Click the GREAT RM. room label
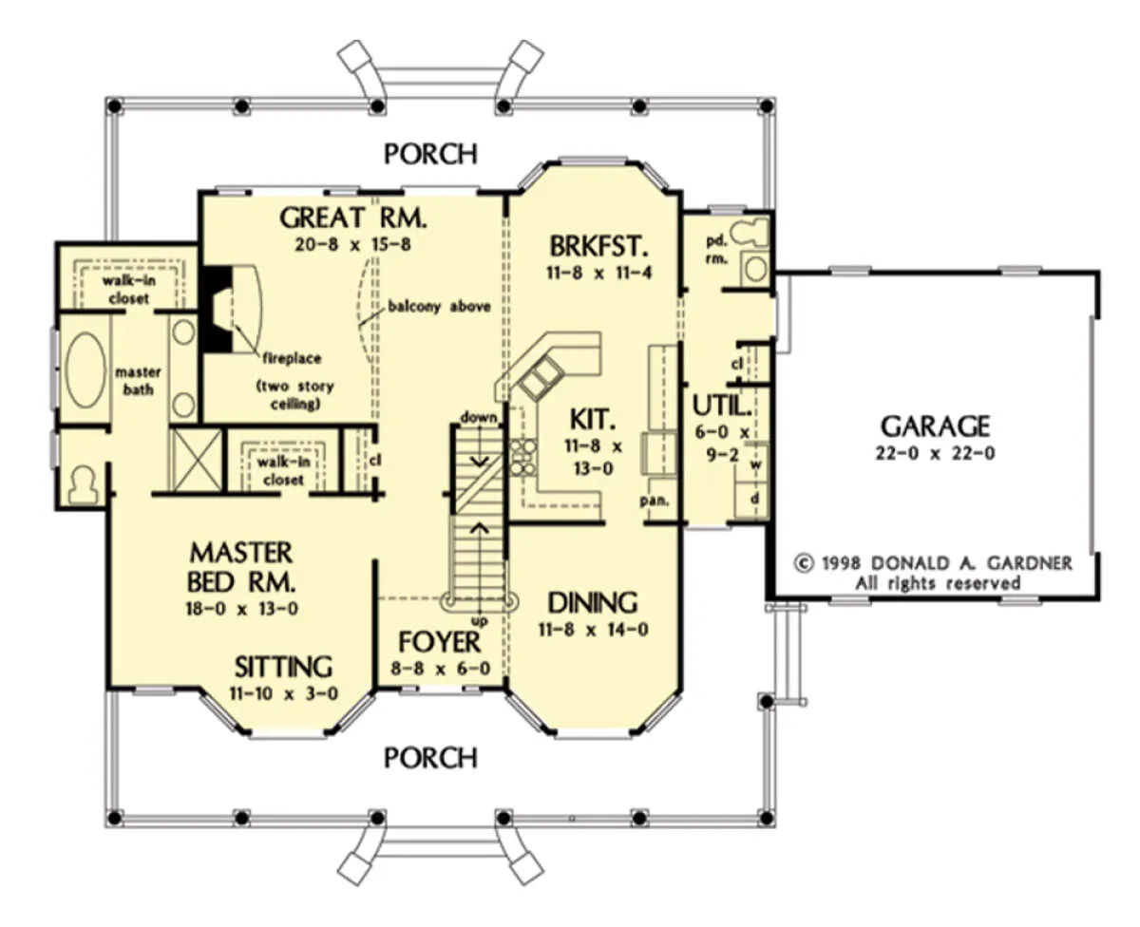coord(353,218)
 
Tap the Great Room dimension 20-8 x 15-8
coord(353,245)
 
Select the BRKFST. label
coord(598,247)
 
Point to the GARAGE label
coord(936,426)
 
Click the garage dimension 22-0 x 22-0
coord(936,454)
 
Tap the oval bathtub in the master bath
coord(85,369)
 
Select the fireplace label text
coord(293,358)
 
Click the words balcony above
coord(440,307)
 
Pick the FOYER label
coord(440,642)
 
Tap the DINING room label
coord(593,603)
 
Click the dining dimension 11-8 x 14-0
coord(593,630)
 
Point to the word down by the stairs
coord(479,417)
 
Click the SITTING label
coord(284,668)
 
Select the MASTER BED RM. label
coord(241,568)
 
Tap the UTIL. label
coord(722,407)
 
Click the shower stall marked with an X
coord(196,460)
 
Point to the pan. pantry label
coord(655,501)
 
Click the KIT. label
coord(593,420)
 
